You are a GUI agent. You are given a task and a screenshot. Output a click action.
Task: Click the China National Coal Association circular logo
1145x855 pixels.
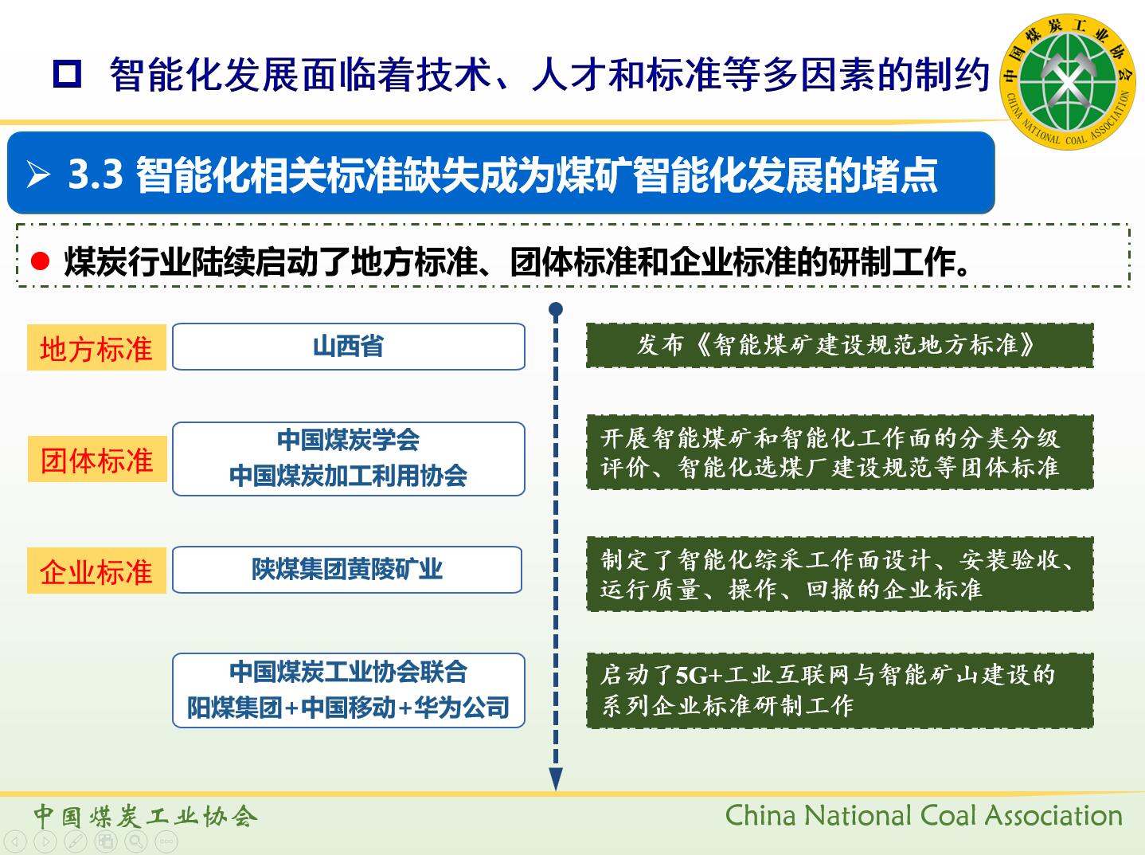click(x=1067, y=81)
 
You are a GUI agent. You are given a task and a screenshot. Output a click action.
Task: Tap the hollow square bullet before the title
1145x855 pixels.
click(x=68, y=74)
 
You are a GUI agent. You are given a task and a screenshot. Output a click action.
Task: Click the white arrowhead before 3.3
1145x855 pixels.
click(x=38, y=174)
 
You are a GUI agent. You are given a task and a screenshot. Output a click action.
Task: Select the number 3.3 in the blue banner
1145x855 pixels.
click(x=96, y=174)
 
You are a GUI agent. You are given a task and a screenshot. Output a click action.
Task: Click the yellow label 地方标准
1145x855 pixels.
click(x=96, y=347)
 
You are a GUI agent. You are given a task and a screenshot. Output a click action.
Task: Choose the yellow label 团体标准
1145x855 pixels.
click(x=97, y=459)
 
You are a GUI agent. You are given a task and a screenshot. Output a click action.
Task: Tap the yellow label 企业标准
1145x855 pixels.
click(x=96, y=571)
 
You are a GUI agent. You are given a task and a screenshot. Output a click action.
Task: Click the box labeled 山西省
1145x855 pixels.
click(x=349, y=347)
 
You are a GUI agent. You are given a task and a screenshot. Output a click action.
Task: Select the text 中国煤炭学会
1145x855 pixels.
click(x=349, y=440)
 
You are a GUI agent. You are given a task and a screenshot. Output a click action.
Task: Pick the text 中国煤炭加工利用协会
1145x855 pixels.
click(x=349, y=476)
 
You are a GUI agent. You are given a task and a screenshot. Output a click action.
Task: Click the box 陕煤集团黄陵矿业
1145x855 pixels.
click(x=347, y=570)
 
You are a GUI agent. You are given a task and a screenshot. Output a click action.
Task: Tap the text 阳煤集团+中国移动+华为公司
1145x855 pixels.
click(x=349, y=708)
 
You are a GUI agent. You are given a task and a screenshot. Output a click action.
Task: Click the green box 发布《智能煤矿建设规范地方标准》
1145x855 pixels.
click(x=840, y=346)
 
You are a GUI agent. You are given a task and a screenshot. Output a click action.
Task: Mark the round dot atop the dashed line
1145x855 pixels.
click(x=556, y=309)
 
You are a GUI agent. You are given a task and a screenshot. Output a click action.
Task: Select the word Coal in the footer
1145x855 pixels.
click(x=948, y=815)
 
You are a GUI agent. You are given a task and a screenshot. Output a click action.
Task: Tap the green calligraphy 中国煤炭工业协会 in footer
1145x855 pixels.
click(x=146, y=817)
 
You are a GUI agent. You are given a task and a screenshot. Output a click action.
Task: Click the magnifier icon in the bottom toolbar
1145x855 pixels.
click(x=136, y=841)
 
